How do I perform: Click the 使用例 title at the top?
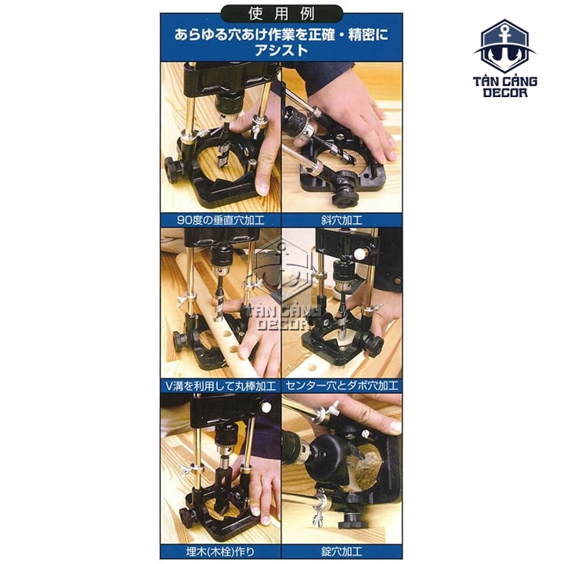point(281,14)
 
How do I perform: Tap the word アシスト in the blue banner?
point(281,50)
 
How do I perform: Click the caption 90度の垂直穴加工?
point(220,220)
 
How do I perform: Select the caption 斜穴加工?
point(342,220)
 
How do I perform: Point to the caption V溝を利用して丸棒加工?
point(220,386)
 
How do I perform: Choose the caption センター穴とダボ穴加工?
point(342,386)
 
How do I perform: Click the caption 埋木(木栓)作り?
point(220,551)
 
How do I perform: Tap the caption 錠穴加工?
point(342,551)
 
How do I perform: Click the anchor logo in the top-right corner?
point(504,45)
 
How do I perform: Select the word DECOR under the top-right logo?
point(505,92)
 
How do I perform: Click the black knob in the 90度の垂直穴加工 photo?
point(175,168)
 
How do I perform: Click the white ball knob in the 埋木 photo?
point(266,407)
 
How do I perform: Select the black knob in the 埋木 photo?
point(187,517)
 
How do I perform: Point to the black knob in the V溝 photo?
point(181,340)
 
